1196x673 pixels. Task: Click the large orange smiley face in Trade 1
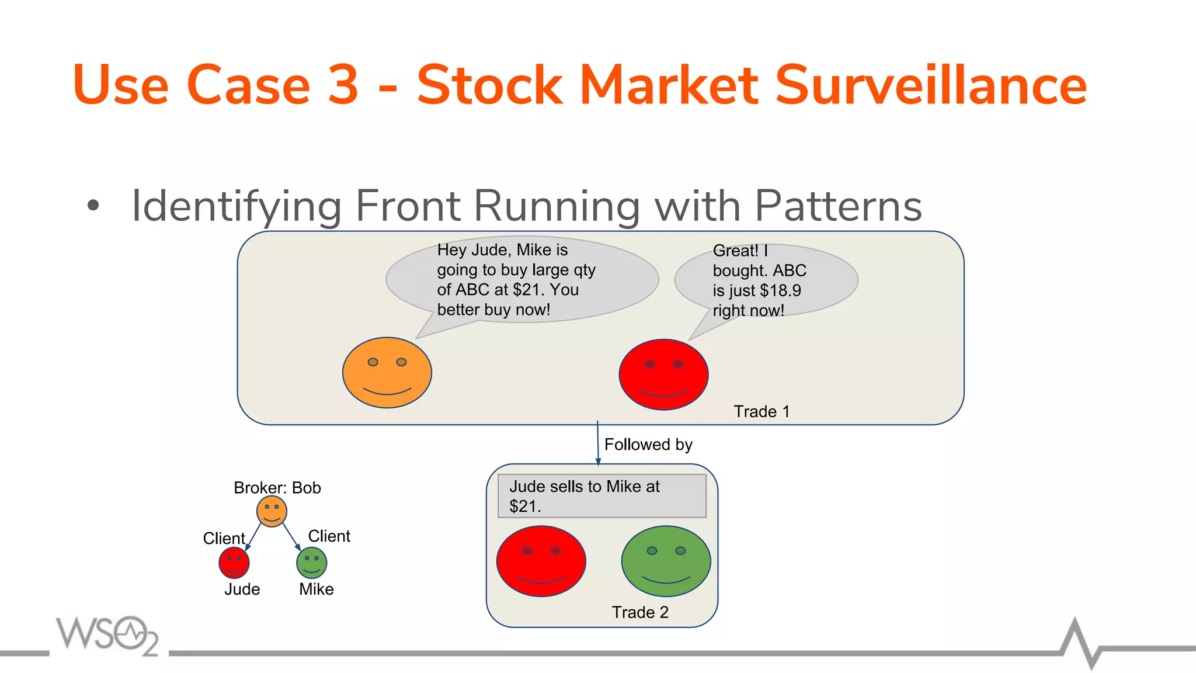click(387, 373)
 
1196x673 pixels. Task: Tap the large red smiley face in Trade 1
click(663, 374)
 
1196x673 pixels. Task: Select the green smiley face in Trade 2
click(666, 561)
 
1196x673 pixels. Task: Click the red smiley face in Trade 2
click(541, 561)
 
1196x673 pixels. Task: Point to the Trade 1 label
click(762, 412)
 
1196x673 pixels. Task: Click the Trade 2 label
click(640, 612)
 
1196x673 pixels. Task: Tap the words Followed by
click(648, 445)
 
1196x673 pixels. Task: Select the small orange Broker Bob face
click(272, 512)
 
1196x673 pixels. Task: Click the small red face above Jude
click(234, 563)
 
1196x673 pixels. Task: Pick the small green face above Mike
click(311, 563)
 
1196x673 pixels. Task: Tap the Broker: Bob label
click(277, 488)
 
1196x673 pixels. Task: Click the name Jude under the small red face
click(242, 589)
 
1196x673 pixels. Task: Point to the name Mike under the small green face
click(316, 589)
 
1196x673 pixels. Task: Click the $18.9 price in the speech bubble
click(780, 291)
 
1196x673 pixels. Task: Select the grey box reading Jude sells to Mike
click(602, 496)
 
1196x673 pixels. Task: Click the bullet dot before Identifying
click(93, 206)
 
